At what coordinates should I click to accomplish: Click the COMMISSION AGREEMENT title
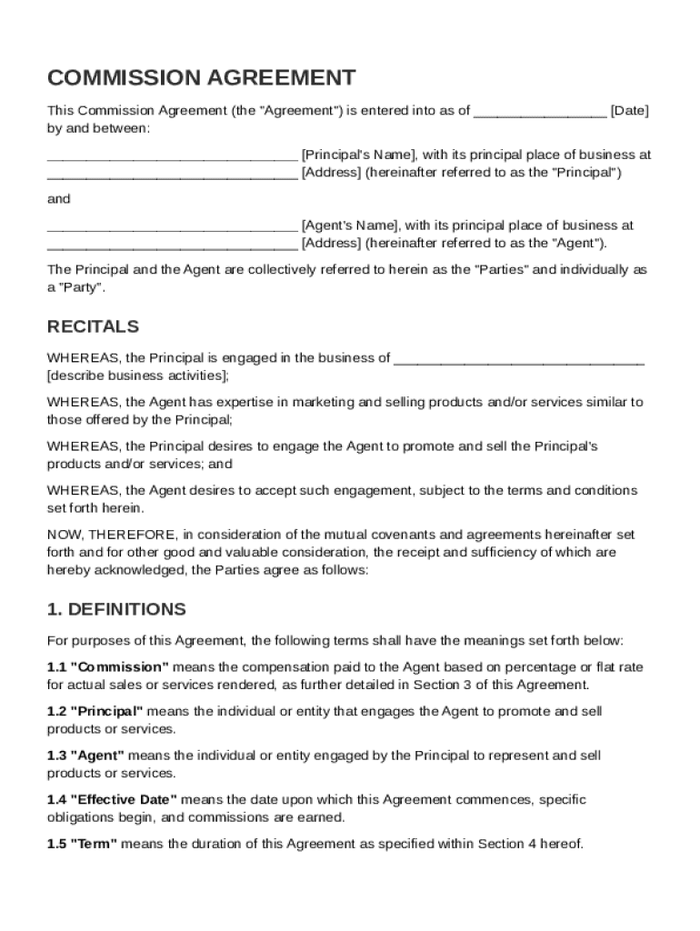(x=201, y=77)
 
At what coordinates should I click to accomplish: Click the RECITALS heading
(x=93, y=326)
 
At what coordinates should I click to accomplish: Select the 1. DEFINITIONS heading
(x=116, y=609)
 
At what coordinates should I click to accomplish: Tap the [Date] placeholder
(x=629, y=111)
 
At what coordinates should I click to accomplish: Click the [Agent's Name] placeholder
(x=349, y=225)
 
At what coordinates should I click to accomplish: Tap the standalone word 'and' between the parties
(x=58, y=198)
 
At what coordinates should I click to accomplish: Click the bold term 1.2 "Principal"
(x=95, y=711)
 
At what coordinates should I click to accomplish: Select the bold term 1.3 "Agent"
(x=86, y=756)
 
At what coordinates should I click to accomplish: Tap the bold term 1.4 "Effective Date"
(x=112, y=800)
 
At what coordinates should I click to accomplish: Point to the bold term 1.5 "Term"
(x=82, y=844)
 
